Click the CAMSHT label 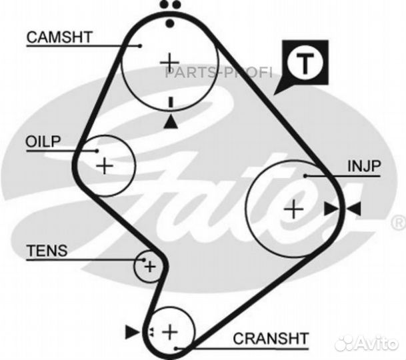59,37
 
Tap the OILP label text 43,141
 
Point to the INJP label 364,166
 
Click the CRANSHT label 271,338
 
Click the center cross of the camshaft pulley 169,62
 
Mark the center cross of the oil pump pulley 105,166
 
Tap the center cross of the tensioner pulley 150,267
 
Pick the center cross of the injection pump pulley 293,209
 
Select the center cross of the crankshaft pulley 170,332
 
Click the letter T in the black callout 305,64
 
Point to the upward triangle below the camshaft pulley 171,122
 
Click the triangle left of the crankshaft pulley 132,332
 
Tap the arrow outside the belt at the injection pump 354,209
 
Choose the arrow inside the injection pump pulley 331,209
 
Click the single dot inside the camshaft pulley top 170,23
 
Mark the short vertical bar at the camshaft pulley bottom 171,102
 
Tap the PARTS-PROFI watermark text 219,73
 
